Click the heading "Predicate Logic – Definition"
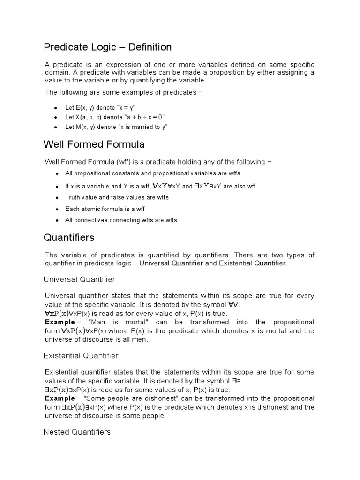[107, 47]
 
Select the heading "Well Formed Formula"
[94, 144]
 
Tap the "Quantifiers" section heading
[69, 237]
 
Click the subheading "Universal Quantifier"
[79, 279]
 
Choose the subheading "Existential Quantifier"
[81, 356]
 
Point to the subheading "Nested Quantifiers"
[77, 432]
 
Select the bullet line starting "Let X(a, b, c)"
[115, 118]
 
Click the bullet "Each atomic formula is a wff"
[105, 209]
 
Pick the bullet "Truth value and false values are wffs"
[117, 198]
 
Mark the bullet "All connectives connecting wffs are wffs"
[121, 220]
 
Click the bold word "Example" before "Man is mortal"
[60, 322]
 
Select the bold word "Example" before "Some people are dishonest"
[60, 398]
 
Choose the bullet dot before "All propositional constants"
[57, 174]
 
